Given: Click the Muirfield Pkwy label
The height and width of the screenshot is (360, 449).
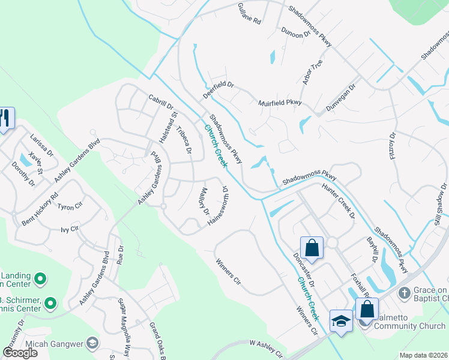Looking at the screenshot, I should coord(280,103).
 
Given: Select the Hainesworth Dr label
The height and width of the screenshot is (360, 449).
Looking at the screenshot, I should coord(218,204).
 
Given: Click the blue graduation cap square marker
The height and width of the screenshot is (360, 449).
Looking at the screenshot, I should coord(341,322).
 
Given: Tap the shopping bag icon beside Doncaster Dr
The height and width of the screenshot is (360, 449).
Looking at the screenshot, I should coord(312,247).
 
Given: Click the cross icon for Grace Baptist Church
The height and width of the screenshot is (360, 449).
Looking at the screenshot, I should coord(405,293).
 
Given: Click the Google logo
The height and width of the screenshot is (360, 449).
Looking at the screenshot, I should coord(20,353).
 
